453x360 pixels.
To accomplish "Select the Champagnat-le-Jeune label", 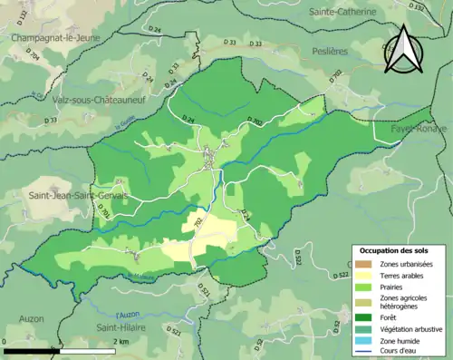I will (53, 38).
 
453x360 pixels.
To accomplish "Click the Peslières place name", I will (332, 53).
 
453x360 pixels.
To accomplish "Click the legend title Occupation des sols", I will (396, 249).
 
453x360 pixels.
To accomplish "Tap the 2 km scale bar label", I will (121, 341).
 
